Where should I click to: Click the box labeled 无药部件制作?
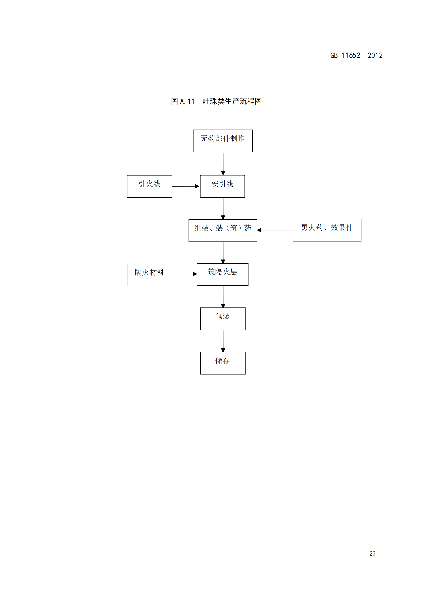click(222, 141)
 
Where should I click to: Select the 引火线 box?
click(149, 186)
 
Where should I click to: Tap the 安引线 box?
click(222, 186)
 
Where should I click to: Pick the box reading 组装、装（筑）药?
click(223, 231)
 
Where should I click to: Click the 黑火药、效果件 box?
click(327, 230)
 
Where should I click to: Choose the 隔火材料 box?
click(149, 275)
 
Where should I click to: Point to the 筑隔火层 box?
click(222, 274)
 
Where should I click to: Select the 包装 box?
click(222, 319)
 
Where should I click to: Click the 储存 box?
click(222, 363)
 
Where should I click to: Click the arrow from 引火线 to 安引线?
click(185, 186)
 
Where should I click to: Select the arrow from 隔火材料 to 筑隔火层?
click(184, 274)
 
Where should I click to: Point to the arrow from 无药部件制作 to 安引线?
click(223, 164)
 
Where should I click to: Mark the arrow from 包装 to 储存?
click(223, 341)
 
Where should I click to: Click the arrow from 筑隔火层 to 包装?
click(223, 297)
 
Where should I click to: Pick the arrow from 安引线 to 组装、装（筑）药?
click(223, 208)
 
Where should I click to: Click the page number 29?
click(372, 554)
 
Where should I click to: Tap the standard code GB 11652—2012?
click(356, 55)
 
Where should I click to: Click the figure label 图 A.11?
click(183, 101)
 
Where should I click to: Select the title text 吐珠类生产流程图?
click(232, 101)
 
